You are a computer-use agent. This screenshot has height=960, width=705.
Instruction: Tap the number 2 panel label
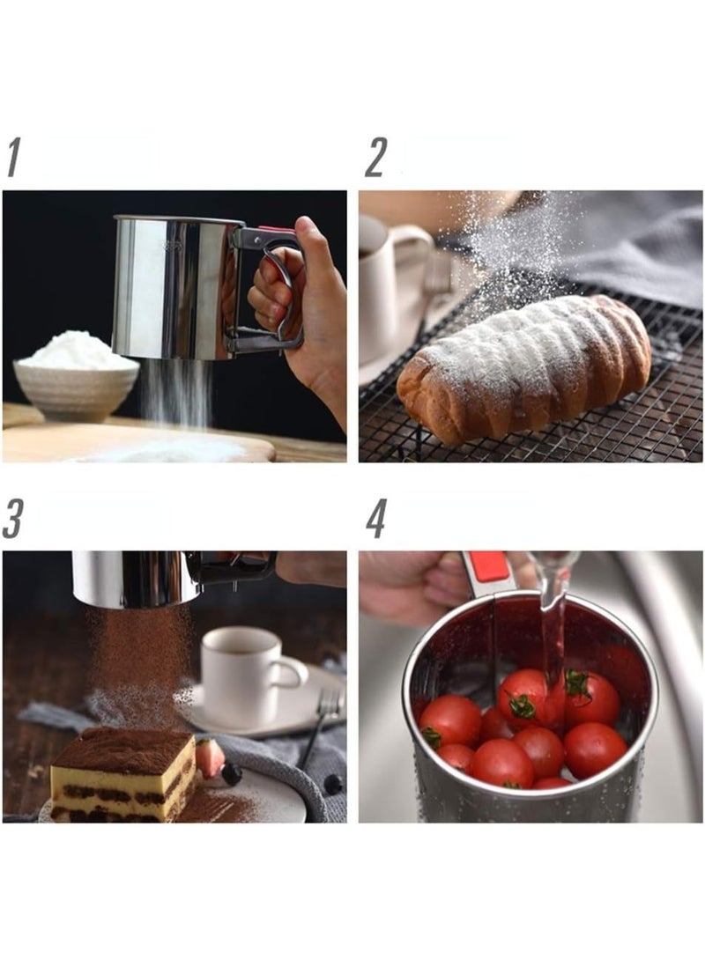tap(375, 158)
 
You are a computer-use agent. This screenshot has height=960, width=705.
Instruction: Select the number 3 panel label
tap(13, 518)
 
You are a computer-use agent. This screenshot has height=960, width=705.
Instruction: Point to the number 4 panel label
tap(376, 518)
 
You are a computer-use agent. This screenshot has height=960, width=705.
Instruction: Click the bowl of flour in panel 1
tap(76, 374)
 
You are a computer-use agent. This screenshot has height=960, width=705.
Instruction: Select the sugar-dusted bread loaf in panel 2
tap(523, 368)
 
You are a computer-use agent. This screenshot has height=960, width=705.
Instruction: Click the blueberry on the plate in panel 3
tap(231, 774)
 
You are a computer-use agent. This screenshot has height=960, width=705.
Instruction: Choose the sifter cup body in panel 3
tap(136, 578)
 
